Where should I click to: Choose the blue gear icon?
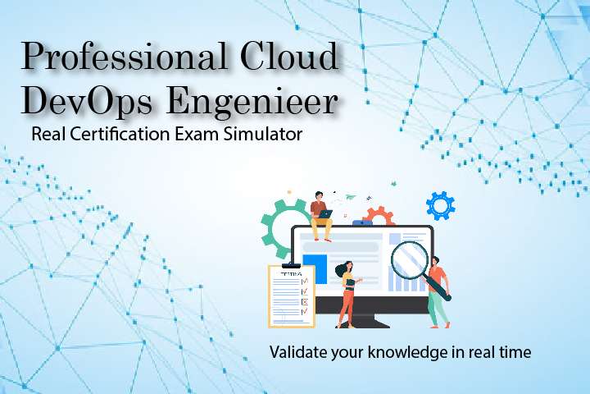click(441, 205)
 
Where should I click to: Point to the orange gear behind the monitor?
click(379, 217)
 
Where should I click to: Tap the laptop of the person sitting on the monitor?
click(326, 213)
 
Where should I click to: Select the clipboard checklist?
click(291, 295)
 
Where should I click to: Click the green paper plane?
click(351, 197)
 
